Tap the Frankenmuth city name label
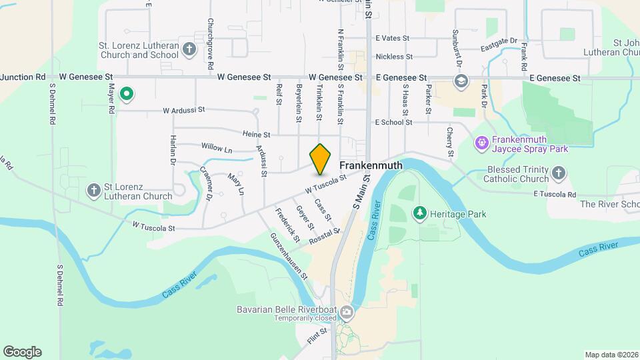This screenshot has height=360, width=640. point(373,164)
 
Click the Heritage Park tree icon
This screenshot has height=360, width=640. point(420,213)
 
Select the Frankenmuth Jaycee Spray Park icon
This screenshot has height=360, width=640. point(482,143)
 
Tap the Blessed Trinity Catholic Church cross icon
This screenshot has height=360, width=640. point(559,174)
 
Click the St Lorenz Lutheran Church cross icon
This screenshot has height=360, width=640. point(95,191)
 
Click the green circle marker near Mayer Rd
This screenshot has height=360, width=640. point(126,95)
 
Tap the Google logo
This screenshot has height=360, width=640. point(22,351)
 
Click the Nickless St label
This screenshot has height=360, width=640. point(394,57)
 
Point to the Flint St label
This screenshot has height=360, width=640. point(318,332)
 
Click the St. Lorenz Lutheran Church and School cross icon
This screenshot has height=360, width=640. point(189,49)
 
